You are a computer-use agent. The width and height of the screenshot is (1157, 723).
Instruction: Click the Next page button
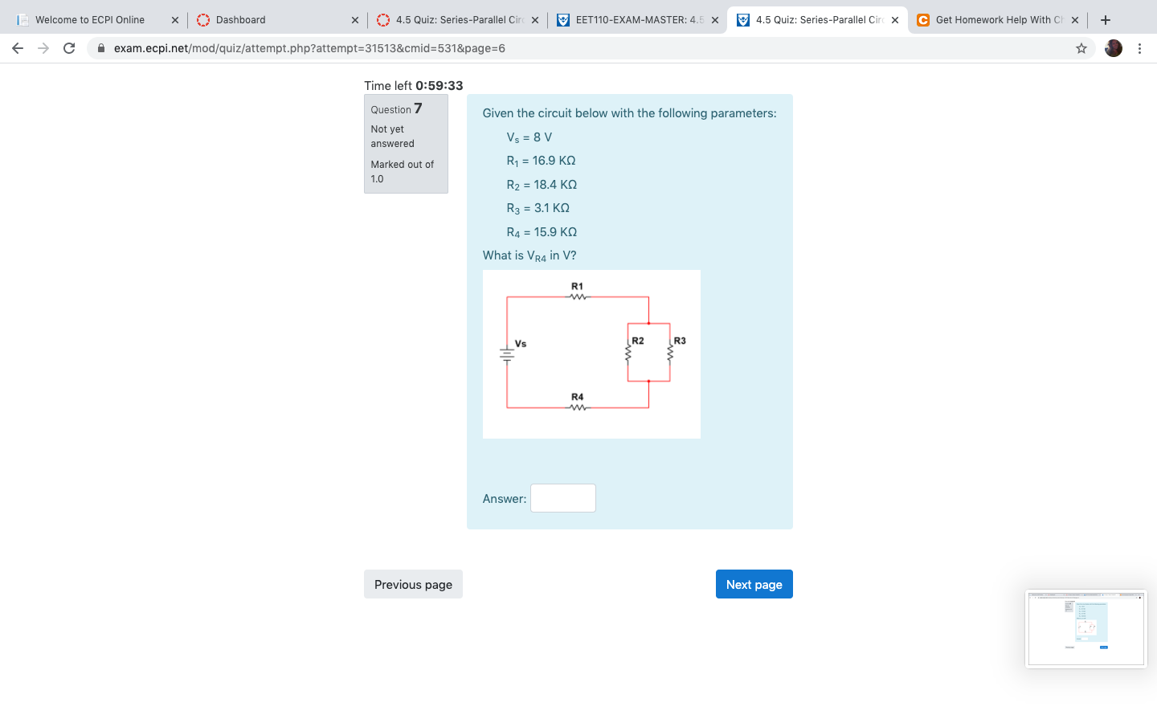click(x=754, y=584)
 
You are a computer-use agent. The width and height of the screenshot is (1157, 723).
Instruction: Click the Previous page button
click(x=413, y=584)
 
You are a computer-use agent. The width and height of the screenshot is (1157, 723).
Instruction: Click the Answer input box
click(x=562, y=498)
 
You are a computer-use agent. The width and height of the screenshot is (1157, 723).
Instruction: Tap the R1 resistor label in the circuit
click(x=577, y=286)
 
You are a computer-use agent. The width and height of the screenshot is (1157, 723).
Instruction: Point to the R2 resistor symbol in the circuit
click(x=628, y=352)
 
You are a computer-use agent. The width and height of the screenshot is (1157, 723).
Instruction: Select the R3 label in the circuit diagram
click(x=680, y=341)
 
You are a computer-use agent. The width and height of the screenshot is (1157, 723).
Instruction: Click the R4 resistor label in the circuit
click(x=577, y=397)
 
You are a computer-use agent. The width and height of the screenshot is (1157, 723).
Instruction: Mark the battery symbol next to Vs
click(x=507, y=353)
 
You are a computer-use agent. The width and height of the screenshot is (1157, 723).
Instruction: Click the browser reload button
click(x=69, y=48)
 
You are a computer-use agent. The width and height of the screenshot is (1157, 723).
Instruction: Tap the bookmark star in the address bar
click(x=1081, y=48)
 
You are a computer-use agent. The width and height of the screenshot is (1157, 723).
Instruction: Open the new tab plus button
click(x=1106, y=20)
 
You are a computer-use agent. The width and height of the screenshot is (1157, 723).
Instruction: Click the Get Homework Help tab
click(x=992, y=20)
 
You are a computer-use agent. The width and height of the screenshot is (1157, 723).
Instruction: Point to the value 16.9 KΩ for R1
click(x=554, y=161)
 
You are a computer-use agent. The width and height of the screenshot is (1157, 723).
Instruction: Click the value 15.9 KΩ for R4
click(x=555, y=232)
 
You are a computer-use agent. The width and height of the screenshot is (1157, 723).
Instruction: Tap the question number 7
click(x=418, y=108)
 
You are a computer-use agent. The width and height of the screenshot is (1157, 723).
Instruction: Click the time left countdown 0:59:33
click(x=439, y=86)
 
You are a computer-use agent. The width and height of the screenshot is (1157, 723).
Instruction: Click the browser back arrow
click(x=18, y=48)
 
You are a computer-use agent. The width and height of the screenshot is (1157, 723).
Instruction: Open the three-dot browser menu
click(x=1139, y=48)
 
